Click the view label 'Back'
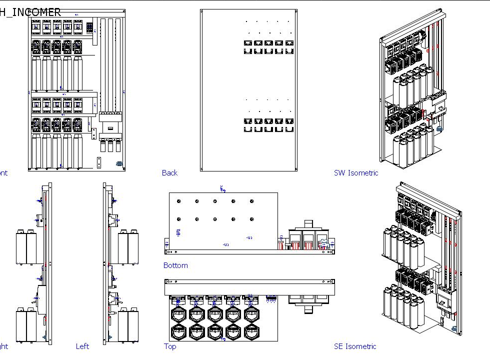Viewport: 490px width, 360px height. pyautogui.click(x=169, y=173)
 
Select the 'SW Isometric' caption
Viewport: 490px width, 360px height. pyautogui.click(x=355, y=173)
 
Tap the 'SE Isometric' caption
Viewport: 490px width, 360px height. pyautogui.click(x=355, y=346)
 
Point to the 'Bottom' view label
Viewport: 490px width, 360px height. pyautogui.click(x=175, y=265)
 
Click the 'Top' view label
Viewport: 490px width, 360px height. pyautogui.click(x=170, y=346)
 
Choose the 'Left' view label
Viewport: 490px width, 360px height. pyautogui.click(x=82, y=346)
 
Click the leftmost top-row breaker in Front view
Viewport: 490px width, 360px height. pyautogui.click(x=36, y=27)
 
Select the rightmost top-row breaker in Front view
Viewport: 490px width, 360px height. pyautogui.click(x=78, y=27)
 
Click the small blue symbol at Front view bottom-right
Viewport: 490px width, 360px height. pyautogui.click(x=119, y=163)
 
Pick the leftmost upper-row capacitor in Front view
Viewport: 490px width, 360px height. pyautogui.click(x=36, y=72)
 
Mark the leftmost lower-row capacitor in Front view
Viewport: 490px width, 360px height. pyautogui.click(x=36, y=150)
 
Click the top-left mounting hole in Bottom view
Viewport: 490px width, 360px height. pyautogui.click(x=178, y=201)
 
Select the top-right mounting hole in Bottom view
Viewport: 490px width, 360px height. pyautogui.click(x=252, y=201)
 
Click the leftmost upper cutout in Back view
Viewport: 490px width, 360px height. pyautogui.click(x=248, y=43)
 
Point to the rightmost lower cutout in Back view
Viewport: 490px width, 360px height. pyautogui.click(x=289, y=129)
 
